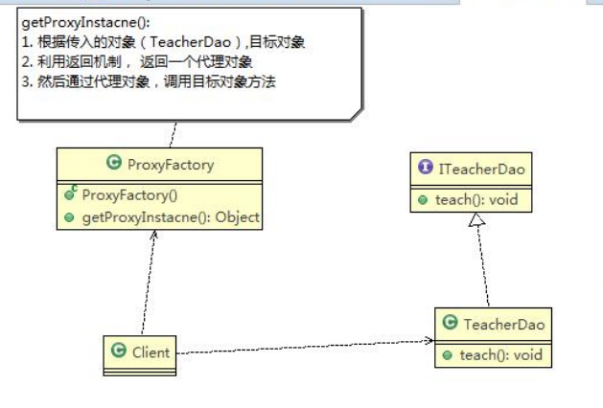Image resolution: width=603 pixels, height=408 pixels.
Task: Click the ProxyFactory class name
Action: (x=170, y=164)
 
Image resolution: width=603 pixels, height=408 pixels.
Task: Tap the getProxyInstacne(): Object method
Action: (x=170, y=217)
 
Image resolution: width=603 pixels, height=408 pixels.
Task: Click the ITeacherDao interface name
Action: (x=482, y=170)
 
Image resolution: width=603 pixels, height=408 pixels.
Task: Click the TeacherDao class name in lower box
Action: (x=503, y=325)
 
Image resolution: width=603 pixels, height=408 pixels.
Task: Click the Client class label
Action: (x=151, y=351)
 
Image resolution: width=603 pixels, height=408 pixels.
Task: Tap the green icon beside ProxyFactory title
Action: (x=114, y=164)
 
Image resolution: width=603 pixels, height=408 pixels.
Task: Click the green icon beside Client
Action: (x=119, y=351)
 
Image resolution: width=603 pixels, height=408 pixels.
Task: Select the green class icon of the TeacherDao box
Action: (x=450, y=325)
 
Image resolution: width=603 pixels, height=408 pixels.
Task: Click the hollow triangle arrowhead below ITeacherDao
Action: (x=474, y=221)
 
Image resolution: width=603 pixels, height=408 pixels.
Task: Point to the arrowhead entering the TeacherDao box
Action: (x=428, y=341)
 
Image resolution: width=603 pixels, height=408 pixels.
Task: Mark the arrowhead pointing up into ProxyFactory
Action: (x=154, y=237)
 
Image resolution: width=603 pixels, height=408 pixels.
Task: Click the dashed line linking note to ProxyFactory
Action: (x=174, y=133)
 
